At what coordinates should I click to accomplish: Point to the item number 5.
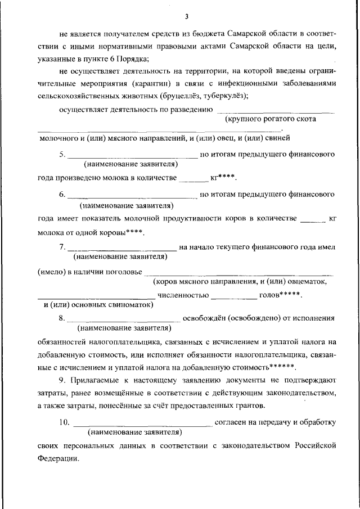pyautogui.click(x=62, y=154)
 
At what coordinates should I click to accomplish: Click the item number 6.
pyautogui.click(x=62, y=195)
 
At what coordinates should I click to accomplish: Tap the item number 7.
pyautogui.click(x=62, y=246)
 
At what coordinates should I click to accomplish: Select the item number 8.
pyautogui.click(x=62, y=318)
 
